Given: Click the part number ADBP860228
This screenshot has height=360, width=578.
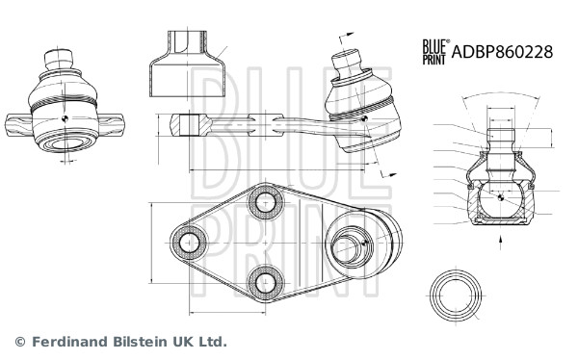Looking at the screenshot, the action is point(502,52).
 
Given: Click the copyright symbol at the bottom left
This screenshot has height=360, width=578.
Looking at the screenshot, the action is point(20,342).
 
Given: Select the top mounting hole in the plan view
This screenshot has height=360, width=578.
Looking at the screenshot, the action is point(266,202).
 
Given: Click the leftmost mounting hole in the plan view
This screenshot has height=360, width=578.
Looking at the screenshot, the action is point(189,243).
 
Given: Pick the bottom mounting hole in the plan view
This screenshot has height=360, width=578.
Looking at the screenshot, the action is point(266,283).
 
